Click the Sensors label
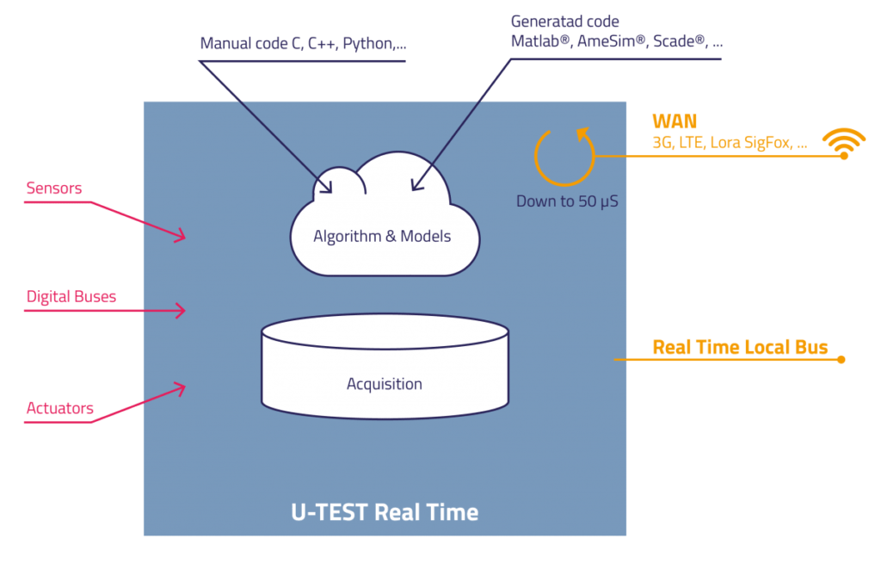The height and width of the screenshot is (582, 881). [x=54, y=188]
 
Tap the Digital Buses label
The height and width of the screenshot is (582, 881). [x=71, y=296]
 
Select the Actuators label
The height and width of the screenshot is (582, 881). [x=60, y=408]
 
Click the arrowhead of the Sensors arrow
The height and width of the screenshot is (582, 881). [x=180, y=235]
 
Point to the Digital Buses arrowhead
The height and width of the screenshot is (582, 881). [x=181, y=311]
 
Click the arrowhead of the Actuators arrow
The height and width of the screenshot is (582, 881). [x=180, y=388]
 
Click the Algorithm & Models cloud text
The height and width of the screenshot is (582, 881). [x=382, y=236]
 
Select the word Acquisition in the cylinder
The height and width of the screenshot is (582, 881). [x=385, y=383]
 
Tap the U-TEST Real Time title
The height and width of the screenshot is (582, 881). [x=385, y=512]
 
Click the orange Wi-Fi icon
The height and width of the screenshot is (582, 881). [x=844, y=144]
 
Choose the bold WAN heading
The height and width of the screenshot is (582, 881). [x=675, y=121]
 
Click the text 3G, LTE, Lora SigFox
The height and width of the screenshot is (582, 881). [x=723, y=142]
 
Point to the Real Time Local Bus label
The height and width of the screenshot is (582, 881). [x=740, y=347]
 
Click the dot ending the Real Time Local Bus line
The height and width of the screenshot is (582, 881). [x=841, y=360]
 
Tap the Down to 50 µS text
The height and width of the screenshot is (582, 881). [x=568, y=201]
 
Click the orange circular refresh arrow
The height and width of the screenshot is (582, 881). [x=564, y=183]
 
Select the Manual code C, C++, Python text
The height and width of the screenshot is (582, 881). [x=304, y=43]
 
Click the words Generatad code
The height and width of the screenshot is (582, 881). [x=565, y=22]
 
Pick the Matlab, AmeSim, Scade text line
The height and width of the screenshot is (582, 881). [x=617, y=41]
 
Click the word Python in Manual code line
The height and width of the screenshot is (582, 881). [x=368, y=44]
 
